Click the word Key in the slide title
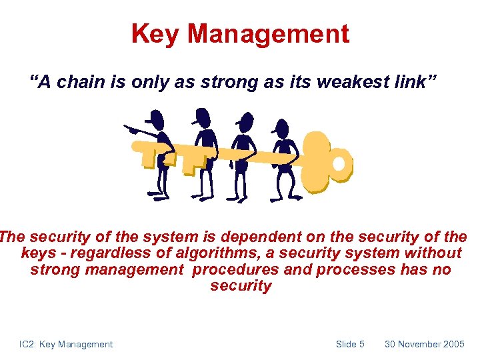click(155, 33)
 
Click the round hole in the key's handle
click(339, 163)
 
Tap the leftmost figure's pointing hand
click(131, 129)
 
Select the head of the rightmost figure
click(281, 128)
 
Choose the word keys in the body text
click(39, 253)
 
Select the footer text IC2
click(28, 344)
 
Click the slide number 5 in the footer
click(361, 344)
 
